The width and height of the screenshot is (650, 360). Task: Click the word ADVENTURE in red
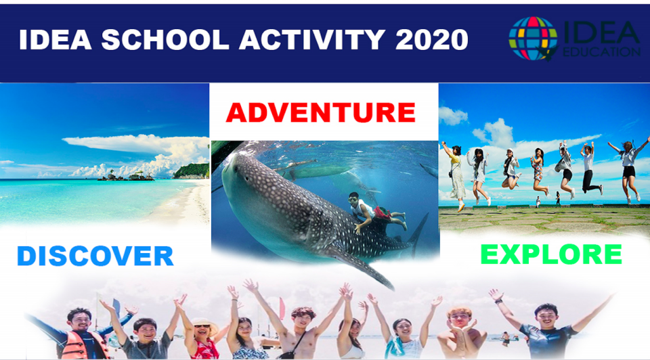[x=320, y=112]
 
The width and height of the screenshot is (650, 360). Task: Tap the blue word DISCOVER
[x=95, y=256]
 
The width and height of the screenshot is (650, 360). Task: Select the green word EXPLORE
[x=551, y=254]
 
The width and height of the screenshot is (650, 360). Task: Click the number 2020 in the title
[x=431, y=40]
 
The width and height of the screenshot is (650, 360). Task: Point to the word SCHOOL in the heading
[x=165, y=40]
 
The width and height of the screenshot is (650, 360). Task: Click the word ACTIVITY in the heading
[x=312, y=40]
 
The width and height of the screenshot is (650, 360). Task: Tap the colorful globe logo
[x=533, y=39]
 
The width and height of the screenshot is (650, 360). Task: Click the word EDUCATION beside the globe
[x=601, y=52]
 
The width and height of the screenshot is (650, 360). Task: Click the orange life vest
[x=81, y=344]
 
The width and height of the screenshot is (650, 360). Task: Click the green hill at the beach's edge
[x=191, y=171]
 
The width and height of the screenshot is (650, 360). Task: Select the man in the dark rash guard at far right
[x=547, y=332]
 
